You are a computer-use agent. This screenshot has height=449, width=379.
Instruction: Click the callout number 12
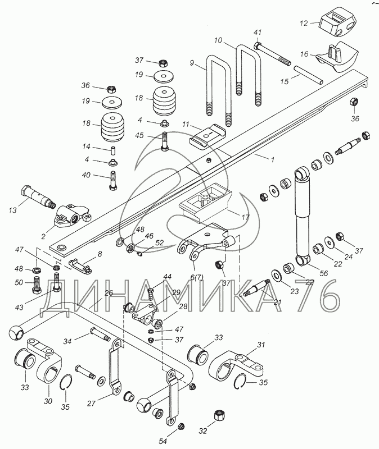coord(304,24)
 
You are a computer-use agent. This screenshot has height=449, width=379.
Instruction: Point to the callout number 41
coord(258,32)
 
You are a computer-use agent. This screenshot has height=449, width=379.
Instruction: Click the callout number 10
coord(219,41)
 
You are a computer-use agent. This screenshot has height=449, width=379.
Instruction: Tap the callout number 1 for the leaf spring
coord(273,160)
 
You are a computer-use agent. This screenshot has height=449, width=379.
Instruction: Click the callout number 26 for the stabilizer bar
coord(109,292)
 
